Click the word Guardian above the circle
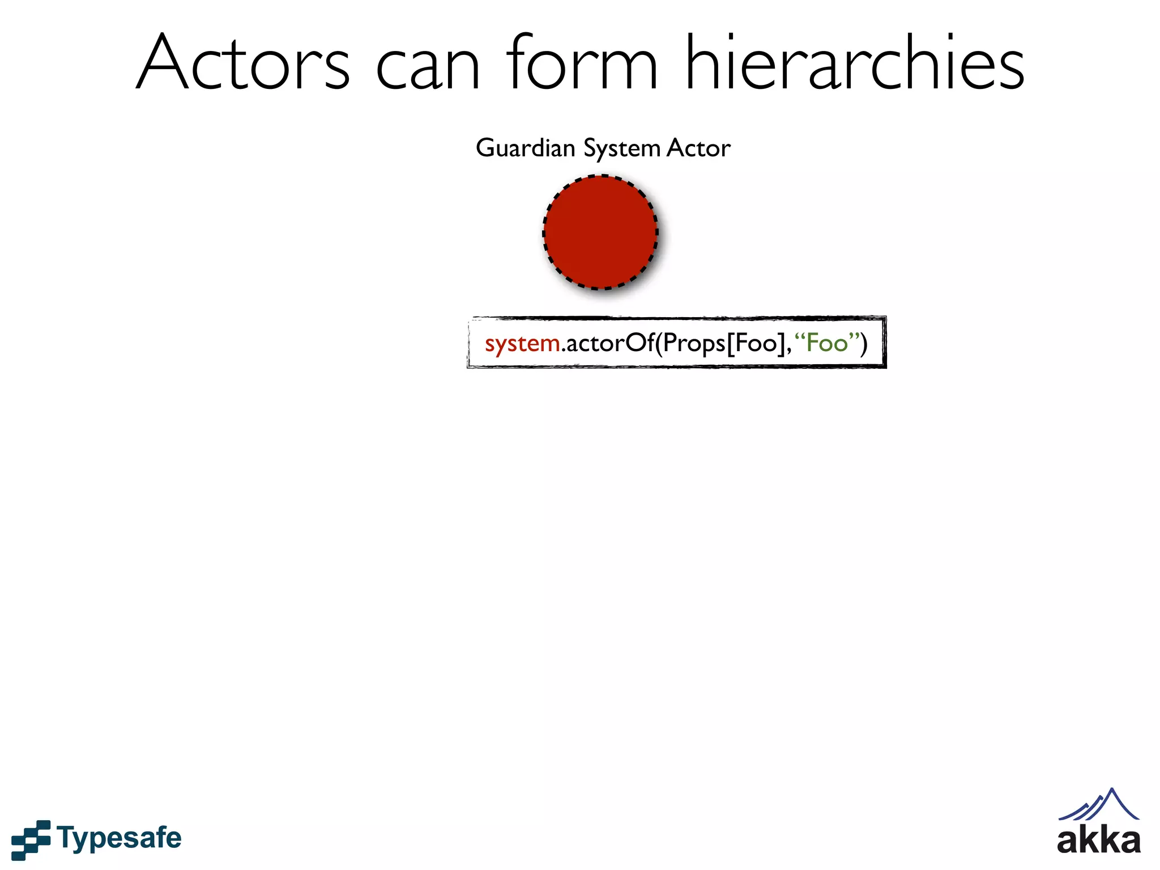click(526, 148)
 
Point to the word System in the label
click(622, 149)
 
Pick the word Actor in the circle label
click(698, 148)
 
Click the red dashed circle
click(600, 232)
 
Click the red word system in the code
click(522, 344)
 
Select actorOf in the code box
click(609, 343)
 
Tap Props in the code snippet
click(694, 344)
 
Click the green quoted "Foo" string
click(826, 343)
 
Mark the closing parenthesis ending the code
click(863, 343)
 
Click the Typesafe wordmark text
click(119, 838)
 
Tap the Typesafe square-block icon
click(31, 839)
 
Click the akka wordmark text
click(1098, 841)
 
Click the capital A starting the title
click(164, 63)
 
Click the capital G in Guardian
click(485, 148)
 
